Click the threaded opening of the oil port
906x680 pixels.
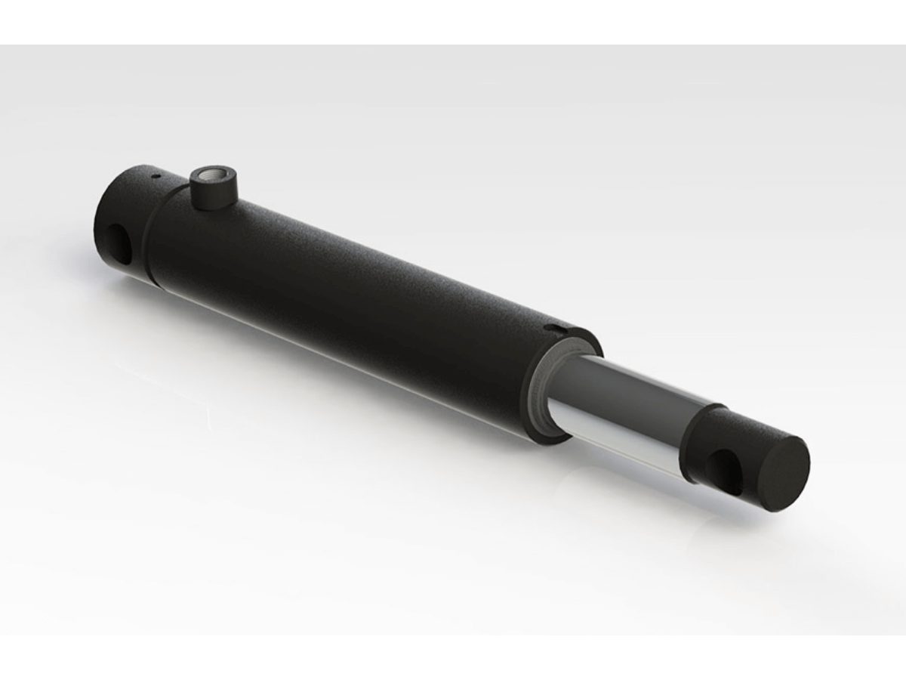pos(208,179)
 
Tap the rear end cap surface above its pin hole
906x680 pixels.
pos(121,204)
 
